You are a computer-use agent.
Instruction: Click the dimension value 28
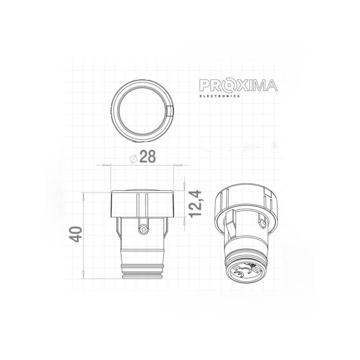click(147, 157)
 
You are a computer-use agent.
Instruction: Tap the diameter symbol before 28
click(133, 158)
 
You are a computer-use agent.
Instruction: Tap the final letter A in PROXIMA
click(270, 85)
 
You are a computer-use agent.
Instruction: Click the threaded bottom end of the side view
click(143, 271)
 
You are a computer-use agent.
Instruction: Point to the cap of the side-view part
click(143, 203)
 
